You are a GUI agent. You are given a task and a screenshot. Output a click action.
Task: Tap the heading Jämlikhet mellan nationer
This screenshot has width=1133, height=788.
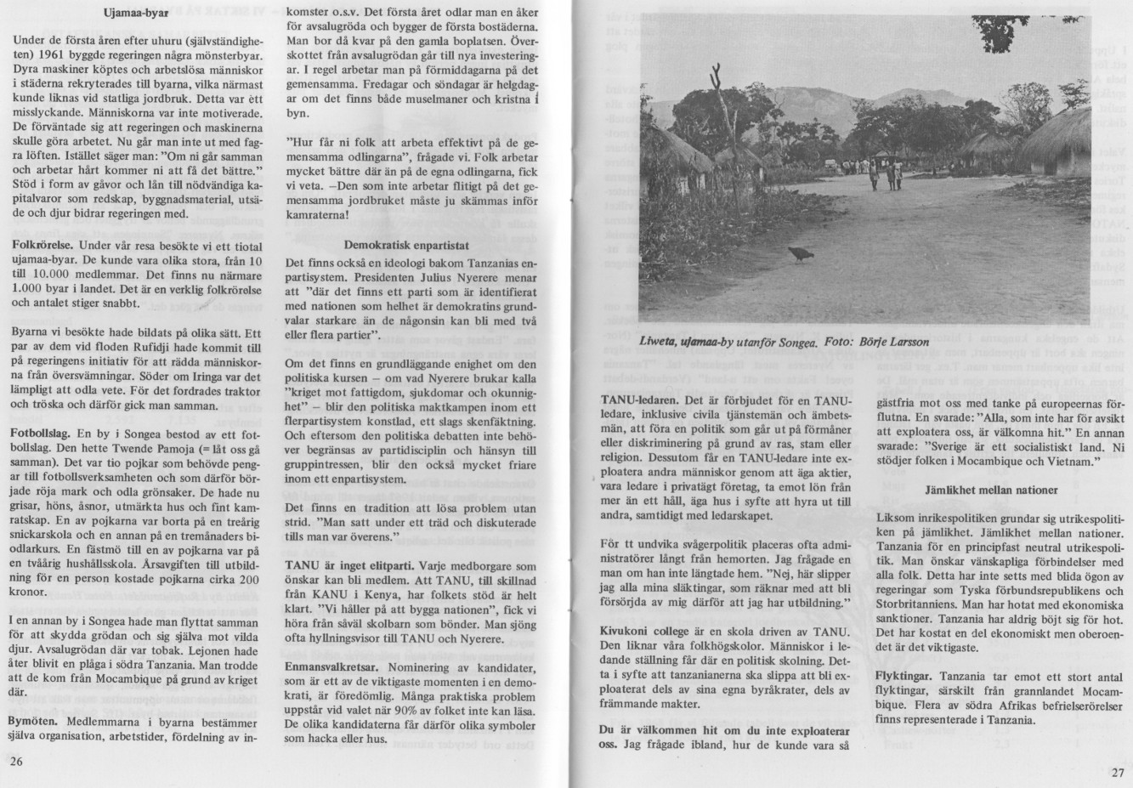991,490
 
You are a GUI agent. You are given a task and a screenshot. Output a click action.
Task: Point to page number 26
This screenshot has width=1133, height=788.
16,761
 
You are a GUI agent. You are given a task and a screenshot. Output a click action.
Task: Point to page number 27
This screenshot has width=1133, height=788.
1118,772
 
